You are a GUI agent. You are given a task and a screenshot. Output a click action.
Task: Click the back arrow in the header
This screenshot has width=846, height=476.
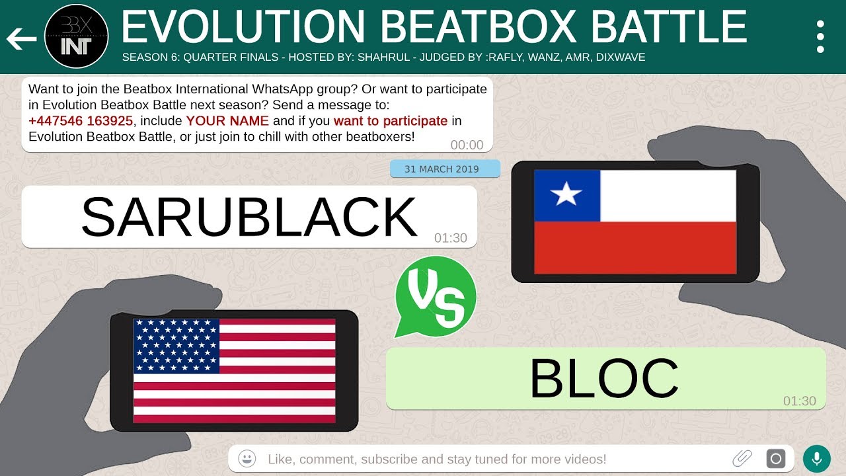coord(21,40)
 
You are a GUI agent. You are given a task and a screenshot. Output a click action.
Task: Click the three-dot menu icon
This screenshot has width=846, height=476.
coord(820,36)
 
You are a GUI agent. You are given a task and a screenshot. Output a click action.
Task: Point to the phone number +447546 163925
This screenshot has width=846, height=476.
coord(81,121)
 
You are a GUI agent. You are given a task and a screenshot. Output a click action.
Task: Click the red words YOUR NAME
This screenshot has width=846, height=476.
coord(227,121)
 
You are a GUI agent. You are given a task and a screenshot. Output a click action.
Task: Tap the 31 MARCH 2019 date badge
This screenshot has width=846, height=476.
coord(445,169)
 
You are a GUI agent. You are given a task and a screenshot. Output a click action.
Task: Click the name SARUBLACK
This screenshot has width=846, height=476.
coord(249,217)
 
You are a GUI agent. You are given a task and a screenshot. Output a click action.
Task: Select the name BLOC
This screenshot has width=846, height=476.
coord(604,379)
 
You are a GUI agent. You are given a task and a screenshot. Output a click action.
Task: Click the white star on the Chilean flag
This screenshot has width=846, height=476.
coord(567,195)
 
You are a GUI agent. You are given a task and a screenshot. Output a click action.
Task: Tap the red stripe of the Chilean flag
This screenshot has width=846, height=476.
coord(634,247)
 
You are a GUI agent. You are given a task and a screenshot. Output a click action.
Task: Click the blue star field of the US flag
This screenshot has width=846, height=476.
coord(176,346)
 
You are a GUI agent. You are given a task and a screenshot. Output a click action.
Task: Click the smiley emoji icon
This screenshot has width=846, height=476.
coord(247,458)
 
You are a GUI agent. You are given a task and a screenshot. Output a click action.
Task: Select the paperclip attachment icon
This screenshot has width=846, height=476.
coord(742,458)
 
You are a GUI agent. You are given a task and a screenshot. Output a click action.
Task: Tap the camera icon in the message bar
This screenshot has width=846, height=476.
coord(775,458)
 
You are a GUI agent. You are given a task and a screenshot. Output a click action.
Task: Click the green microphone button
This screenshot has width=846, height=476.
coord(817,458)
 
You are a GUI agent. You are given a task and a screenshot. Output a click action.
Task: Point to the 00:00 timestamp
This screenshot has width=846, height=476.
coord(467,145)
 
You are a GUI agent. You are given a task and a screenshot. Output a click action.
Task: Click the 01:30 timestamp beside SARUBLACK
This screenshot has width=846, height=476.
coord(451,238)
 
